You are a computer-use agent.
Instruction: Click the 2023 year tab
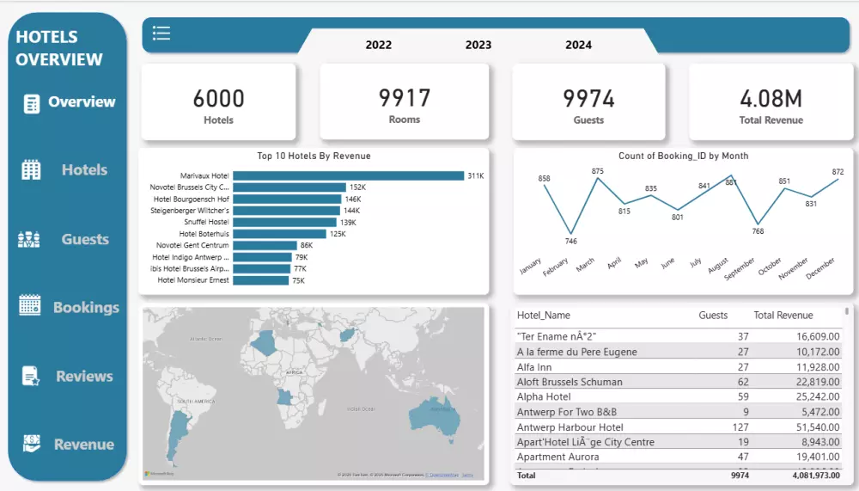[x=478, y=45]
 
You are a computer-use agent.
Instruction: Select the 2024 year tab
[x=578, y=45]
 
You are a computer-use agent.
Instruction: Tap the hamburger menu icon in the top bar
[x=161, y=33]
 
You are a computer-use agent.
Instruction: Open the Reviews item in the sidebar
[x=84, y=376]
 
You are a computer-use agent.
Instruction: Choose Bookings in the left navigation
[x=86, y=307]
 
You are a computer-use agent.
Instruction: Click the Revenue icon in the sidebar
[x=31, y=444]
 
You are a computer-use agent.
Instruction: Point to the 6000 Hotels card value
[x=218, y=99]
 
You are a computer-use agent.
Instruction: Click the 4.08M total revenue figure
[x=771, y=99]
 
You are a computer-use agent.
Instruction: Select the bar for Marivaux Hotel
[x=348, y=175]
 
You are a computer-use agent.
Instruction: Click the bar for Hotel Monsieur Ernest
[x=260, y=279]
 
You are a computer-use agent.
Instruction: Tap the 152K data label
[x=358, y=187]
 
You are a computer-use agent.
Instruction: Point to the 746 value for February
[x=570, y=242]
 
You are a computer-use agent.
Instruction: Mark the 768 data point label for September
[x=758, y=230]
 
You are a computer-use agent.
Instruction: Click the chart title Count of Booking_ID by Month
[x=683, y=156]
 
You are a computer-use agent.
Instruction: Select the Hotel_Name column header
[x=544, y=316]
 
